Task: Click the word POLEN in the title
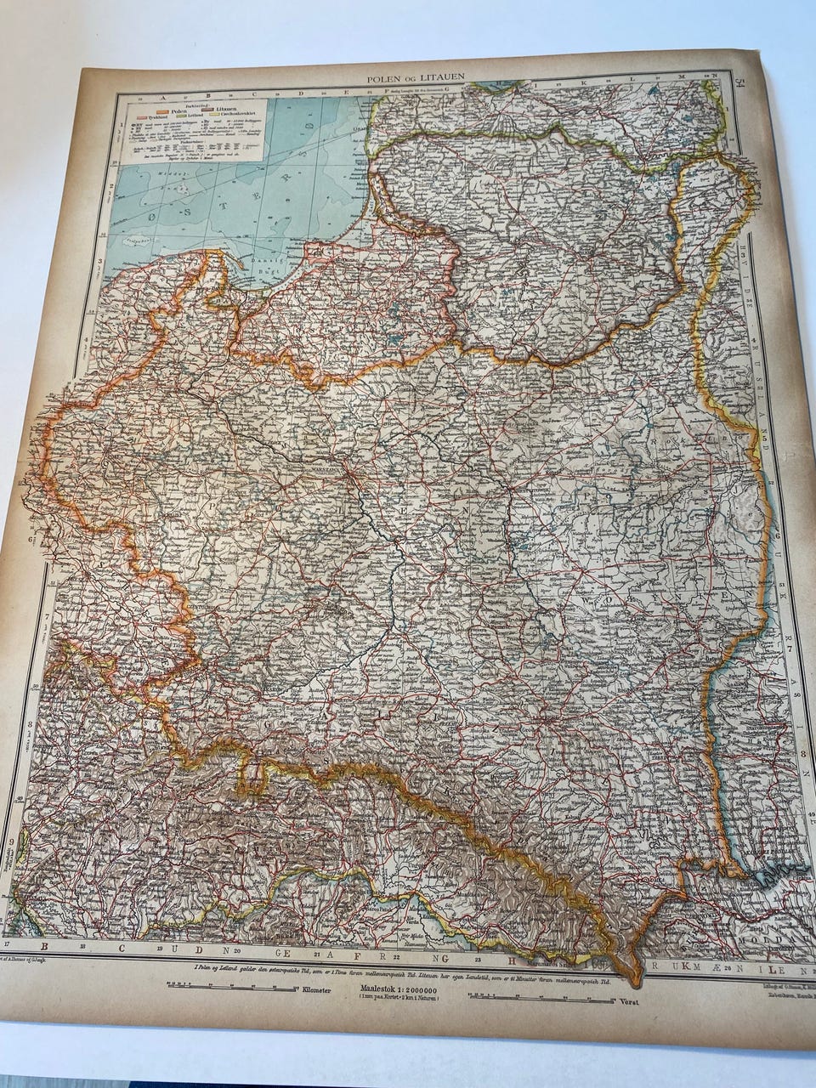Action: pyautogui.click(x=383, y=78)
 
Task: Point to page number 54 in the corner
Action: pyautogui.click(x=741, y=81)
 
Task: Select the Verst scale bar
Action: pyautogui.click(x=552, y=997)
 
